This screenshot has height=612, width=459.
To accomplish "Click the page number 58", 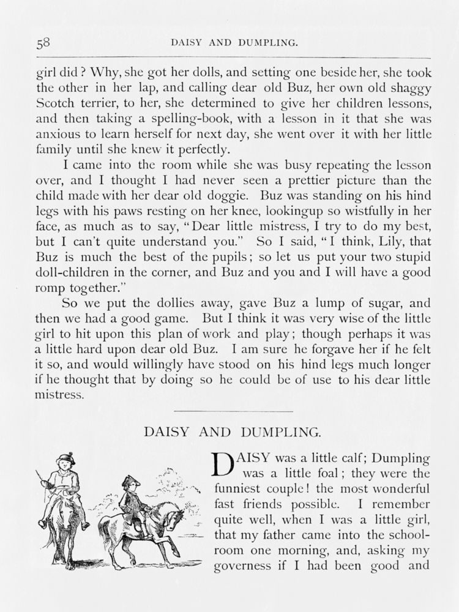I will pyautogui.click(x=43, y=43).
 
